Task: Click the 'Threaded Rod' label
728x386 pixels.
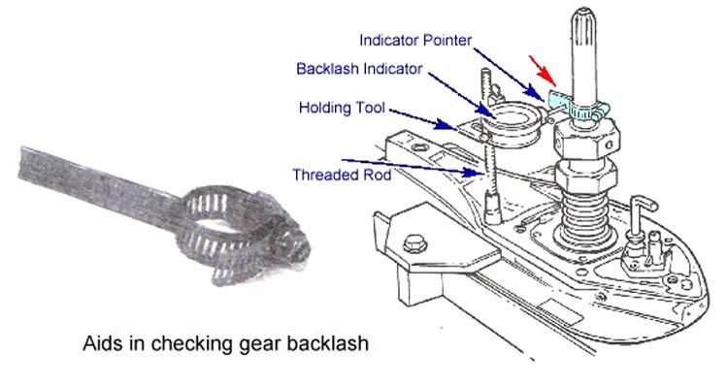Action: (x=340, y=175)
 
